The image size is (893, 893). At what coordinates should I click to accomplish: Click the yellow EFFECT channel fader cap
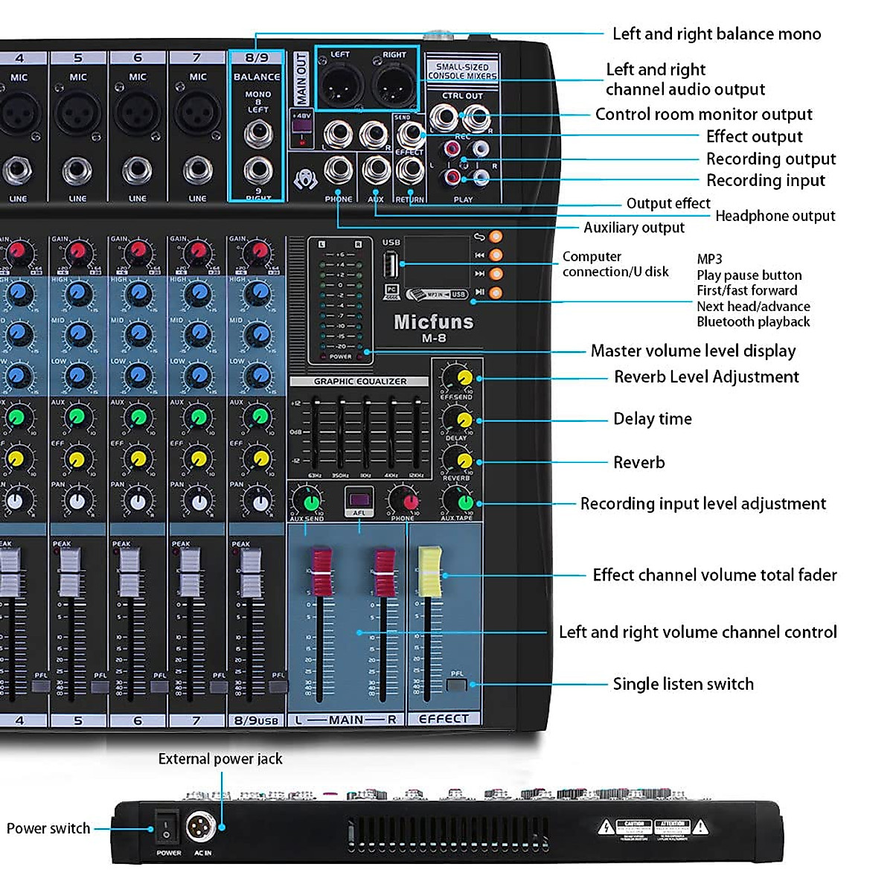[x=429, y=571]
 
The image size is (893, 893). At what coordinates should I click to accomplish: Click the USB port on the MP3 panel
[x=391, y=264]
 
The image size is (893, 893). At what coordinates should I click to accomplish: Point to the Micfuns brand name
[x=433, y=322]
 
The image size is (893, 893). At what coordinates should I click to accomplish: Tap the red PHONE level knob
[x=404, y=500]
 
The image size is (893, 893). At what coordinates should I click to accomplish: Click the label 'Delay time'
[x=652, y=419]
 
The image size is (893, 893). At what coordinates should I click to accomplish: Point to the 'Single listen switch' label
[x=682, y=684]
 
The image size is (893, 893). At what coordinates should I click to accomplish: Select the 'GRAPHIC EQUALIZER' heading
[x=360, y=381]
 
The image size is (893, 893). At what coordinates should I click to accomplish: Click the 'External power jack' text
[x=220, y=759]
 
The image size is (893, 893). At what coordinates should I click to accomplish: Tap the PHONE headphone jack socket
[x=339, y=171]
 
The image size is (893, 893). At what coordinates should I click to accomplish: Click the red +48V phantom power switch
[x=301, y=138]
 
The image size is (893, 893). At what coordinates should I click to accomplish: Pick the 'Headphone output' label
[x=775, y=216]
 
